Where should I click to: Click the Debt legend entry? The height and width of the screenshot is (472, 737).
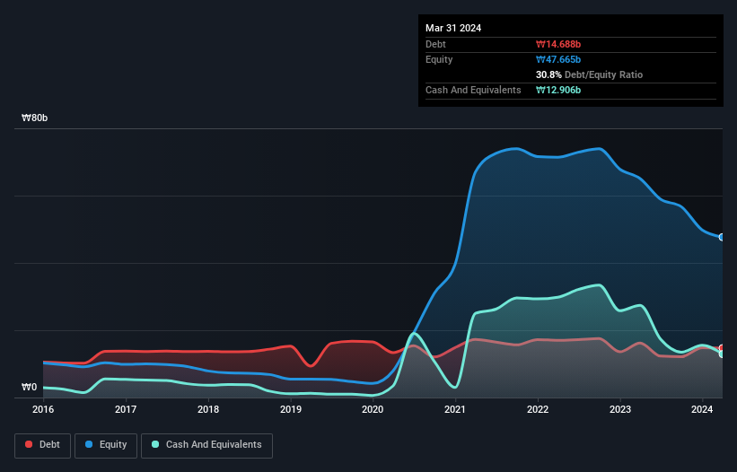click(x=42, y=444)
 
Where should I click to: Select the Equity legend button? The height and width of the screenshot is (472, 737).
click(x=106, y=444)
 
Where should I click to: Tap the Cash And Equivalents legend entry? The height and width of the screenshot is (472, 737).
click(x=206, y=444)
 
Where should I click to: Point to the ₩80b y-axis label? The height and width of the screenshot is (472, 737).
click(x=35, y=118)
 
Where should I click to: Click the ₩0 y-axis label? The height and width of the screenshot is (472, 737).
click(x=29, y=388)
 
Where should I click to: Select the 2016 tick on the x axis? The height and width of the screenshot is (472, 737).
click(x=43, y=409)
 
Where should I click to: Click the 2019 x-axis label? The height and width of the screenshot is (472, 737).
click(x=290, y=409)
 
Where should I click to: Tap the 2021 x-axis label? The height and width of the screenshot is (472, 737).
click(x=455, y=409)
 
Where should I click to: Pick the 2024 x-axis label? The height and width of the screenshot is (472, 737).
click(x=702, y=409)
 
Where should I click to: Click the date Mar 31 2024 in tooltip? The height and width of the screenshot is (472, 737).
click(x=453, y=28)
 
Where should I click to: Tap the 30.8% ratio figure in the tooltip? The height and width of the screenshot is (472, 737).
click(x=549, y=74)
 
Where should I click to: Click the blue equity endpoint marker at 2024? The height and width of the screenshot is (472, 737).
click(x=722, y=237)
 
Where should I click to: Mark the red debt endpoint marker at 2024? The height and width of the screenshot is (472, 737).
click(x=722, y=348)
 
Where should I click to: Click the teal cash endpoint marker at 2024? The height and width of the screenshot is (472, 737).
click(x=722, y=354)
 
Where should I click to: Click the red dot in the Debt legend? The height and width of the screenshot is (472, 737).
click(x=30, y=444)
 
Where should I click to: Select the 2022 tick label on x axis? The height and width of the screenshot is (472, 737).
click(x=537, y=409)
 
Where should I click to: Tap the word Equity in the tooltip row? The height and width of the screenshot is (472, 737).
click(x=439, y=59)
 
